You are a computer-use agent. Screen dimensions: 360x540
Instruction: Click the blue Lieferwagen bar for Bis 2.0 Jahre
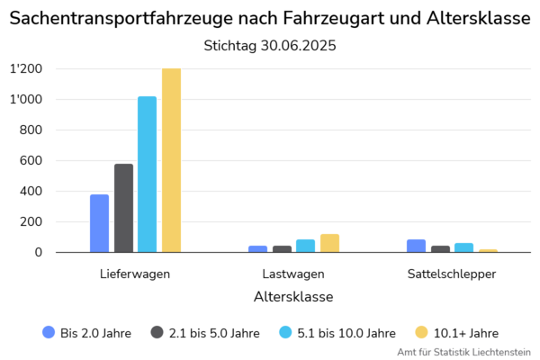pyautogui.click(x=99, y=223)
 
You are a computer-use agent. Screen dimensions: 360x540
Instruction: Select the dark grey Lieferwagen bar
pyautogui.click(x=123, y=208)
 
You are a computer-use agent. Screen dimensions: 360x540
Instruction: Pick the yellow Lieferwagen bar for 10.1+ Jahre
pyautogui.click(x=171, y=160)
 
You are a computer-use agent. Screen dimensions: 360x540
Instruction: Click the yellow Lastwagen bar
pyautogui.click(x=329, y=243)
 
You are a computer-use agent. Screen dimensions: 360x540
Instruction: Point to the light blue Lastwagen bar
pyautogui.click(x=305, y=246)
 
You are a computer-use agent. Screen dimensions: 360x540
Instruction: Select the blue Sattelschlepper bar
pyautogui.click(x=416, y=246)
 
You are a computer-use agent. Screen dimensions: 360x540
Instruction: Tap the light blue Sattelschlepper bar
pyautogui.click(x=463, y=247)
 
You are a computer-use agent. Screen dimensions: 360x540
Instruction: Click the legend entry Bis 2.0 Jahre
pyautogui.click(x=87, y=332)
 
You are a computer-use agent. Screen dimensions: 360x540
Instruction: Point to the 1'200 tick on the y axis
pyautogui.click(x=26, y=69)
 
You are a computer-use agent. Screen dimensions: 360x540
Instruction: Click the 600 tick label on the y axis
pyautogui.click(x=31, y=161)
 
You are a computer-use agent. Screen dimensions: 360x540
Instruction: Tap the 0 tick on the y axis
pyautogui.click(x=39, y=253)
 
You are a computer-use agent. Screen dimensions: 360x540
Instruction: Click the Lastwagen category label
pyautogui.click(x=293, y=274)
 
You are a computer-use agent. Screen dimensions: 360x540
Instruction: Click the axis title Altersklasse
pyautogui.click(x=293, y=296)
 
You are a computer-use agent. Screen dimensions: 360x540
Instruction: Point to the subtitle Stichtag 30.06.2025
pyautogui.click(x=270, y=45)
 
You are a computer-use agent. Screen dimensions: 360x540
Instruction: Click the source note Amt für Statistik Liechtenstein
pyautogui.click(x=463, y=352)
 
